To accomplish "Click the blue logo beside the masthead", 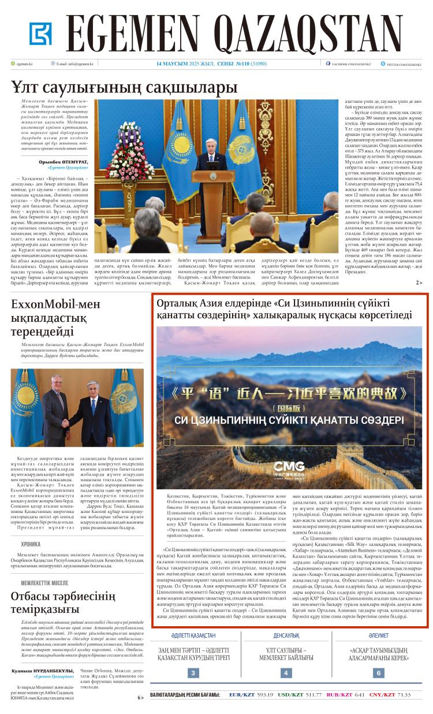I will [40, 34].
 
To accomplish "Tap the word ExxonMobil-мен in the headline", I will [48, 304].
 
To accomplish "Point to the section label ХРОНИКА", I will [31, 544].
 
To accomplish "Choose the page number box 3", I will [193, 672].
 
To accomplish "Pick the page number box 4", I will [286, 672].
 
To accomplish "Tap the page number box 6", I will [378, 672].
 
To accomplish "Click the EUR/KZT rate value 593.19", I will [264, 694].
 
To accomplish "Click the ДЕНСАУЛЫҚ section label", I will [286, 635].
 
